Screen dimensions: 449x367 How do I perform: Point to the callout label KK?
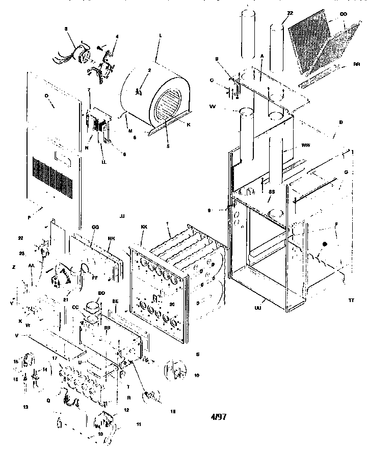pyautogui.click(x=144, y=226)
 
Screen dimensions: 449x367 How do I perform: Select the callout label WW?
pyautogui.click(x=306, y=146)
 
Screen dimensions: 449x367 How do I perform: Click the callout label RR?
pyautogui.click(x=356, y=65)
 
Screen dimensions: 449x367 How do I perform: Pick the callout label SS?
pyautogui.click(x=272, y=192)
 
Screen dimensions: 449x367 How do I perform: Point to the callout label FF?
pyautogui.click(x=95, y=278)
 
